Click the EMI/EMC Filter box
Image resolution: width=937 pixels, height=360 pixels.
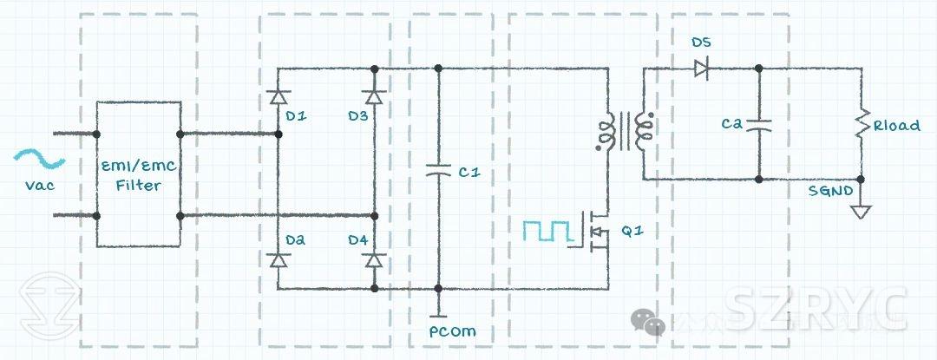pos(138,174)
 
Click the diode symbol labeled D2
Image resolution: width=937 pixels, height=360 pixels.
pos(278,259)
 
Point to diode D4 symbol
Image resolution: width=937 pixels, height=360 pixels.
pos(374,259)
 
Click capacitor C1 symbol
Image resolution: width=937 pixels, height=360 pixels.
pos(439,171)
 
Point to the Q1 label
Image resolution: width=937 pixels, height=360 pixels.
pos(632,232)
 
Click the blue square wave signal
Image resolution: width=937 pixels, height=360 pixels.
pos(547,231)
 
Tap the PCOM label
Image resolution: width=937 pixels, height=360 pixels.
pos(452,331)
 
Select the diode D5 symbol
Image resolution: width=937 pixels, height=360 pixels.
pos(701,69)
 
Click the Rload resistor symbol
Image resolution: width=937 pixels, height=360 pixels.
pos(862,124)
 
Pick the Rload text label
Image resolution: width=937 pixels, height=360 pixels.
pos(896,125)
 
